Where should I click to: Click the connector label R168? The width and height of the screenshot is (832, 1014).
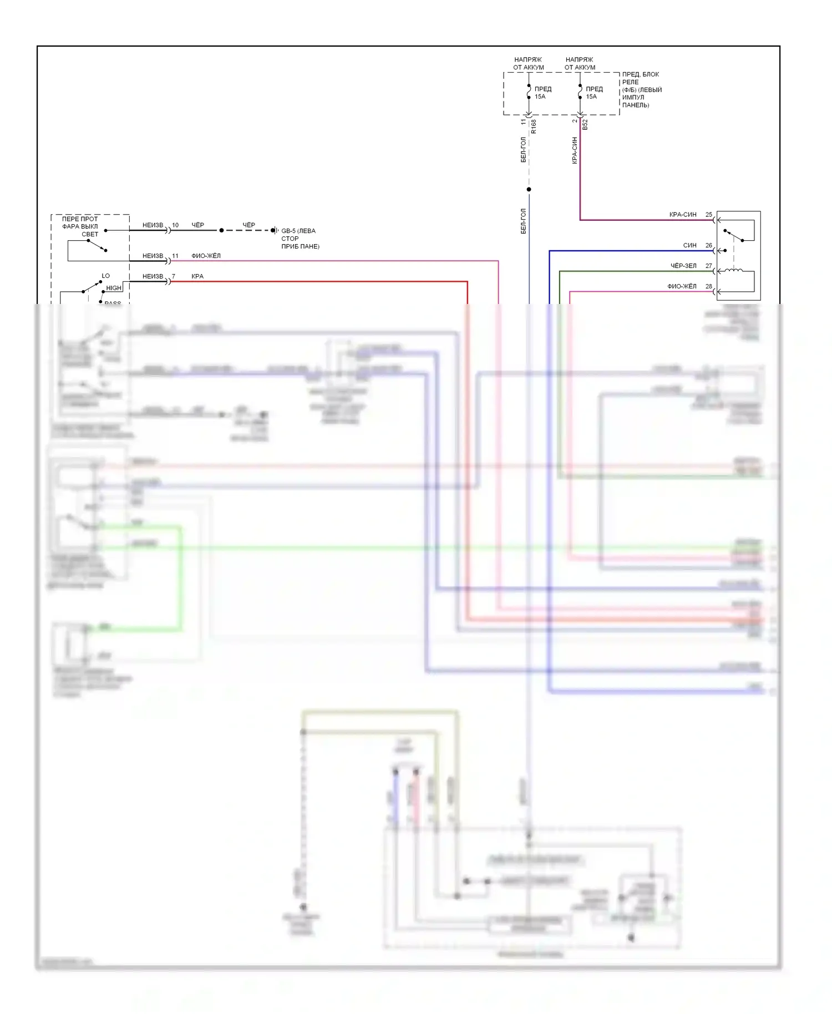point(534,126)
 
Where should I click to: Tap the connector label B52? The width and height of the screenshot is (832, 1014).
point(585,125)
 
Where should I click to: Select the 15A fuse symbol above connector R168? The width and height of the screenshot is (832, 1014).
point(529,92)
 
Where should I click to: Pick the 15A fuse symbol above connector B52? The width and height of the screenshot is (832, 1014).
point(580,92)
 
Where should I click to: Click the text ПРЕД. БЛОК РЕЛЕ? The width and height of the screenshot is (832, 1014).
point(641,78)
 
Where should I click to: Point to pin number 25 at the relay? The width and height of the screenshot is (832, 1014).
point(708,215)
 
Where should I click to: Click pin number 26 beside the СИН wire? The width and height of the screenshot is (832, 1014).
point(708,245)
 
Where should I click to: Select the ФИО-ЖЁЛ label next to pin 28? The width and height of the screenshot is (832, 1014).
point(682,286)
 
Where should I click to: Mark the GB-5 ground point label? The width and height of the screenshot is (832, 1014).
point(298,231)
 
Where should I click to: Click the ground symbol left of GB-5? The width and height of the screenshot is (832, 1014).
point(274,230)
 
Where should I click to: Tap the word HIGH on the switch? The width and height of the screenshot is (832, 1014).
point(114,288)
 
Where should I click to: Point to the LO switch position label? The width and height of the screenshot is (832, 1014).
point(105,276)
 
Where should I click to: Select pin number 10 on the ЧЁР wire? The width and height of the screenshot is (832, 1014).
point(175,225)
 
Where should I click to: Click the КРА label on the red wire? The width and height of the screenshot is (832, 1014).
point(197,276)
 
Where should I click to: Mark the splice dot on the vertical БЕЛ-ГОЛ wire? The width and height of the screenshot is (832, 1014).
point(529,190)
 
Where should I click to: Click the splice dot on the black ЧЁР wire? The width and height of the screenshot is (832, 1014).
point(221,230)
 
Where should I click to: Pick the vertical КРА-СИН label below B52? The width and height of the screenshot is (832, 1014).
point(575,150)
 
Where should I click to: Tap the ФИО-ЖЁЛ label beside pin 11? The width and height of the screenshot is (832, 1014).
point(206,256)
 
